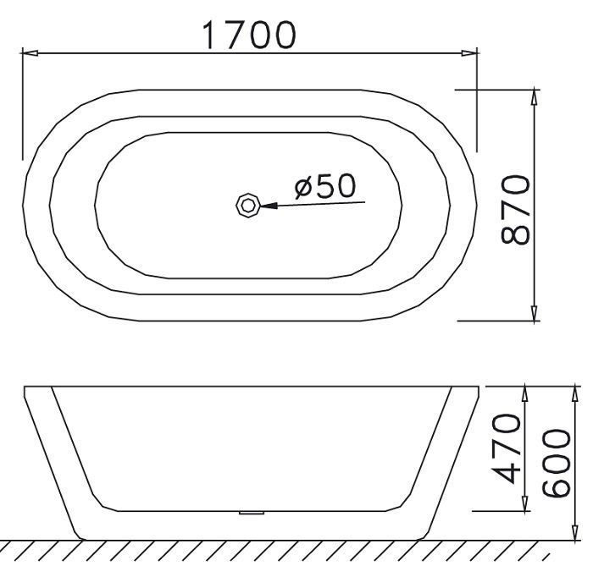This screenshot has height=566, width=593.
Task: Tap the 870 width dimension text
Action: coord(516,209)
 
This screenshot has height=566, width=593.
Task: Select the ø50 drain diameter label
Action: coord(326,186)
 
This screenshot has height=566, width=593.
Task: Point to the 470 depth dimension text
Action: coord(506,448)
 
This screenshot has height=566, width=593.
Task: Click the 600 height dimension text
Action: coord(557,463)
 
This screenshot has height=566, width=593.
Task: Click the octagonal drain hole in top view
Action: coord(247,205)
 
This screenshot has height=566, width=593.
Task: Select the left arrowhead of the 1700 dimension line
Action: coord(28,54)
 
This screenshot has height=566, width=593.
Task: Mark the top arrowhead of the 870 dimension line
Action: coord(534,95)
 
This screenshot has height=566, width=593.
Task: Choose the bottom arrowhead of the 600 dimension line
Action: coord(574,533)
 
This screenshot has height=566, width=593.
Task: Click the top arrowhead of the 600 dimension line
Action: coord(574,392)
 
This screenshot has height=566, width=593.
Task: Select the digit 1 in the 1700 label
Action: coord(208,35)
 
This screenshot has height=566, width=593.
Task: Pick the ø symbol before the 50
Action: coord(305,187)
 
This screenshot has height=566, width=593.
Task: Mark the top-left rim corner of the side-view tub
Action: coord(25,387)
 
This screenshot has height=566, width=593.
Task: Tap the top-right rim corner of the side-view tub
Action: coord(480,387)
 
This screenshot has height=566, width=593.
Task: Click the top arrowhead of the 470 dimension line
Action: coord(526,392)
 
